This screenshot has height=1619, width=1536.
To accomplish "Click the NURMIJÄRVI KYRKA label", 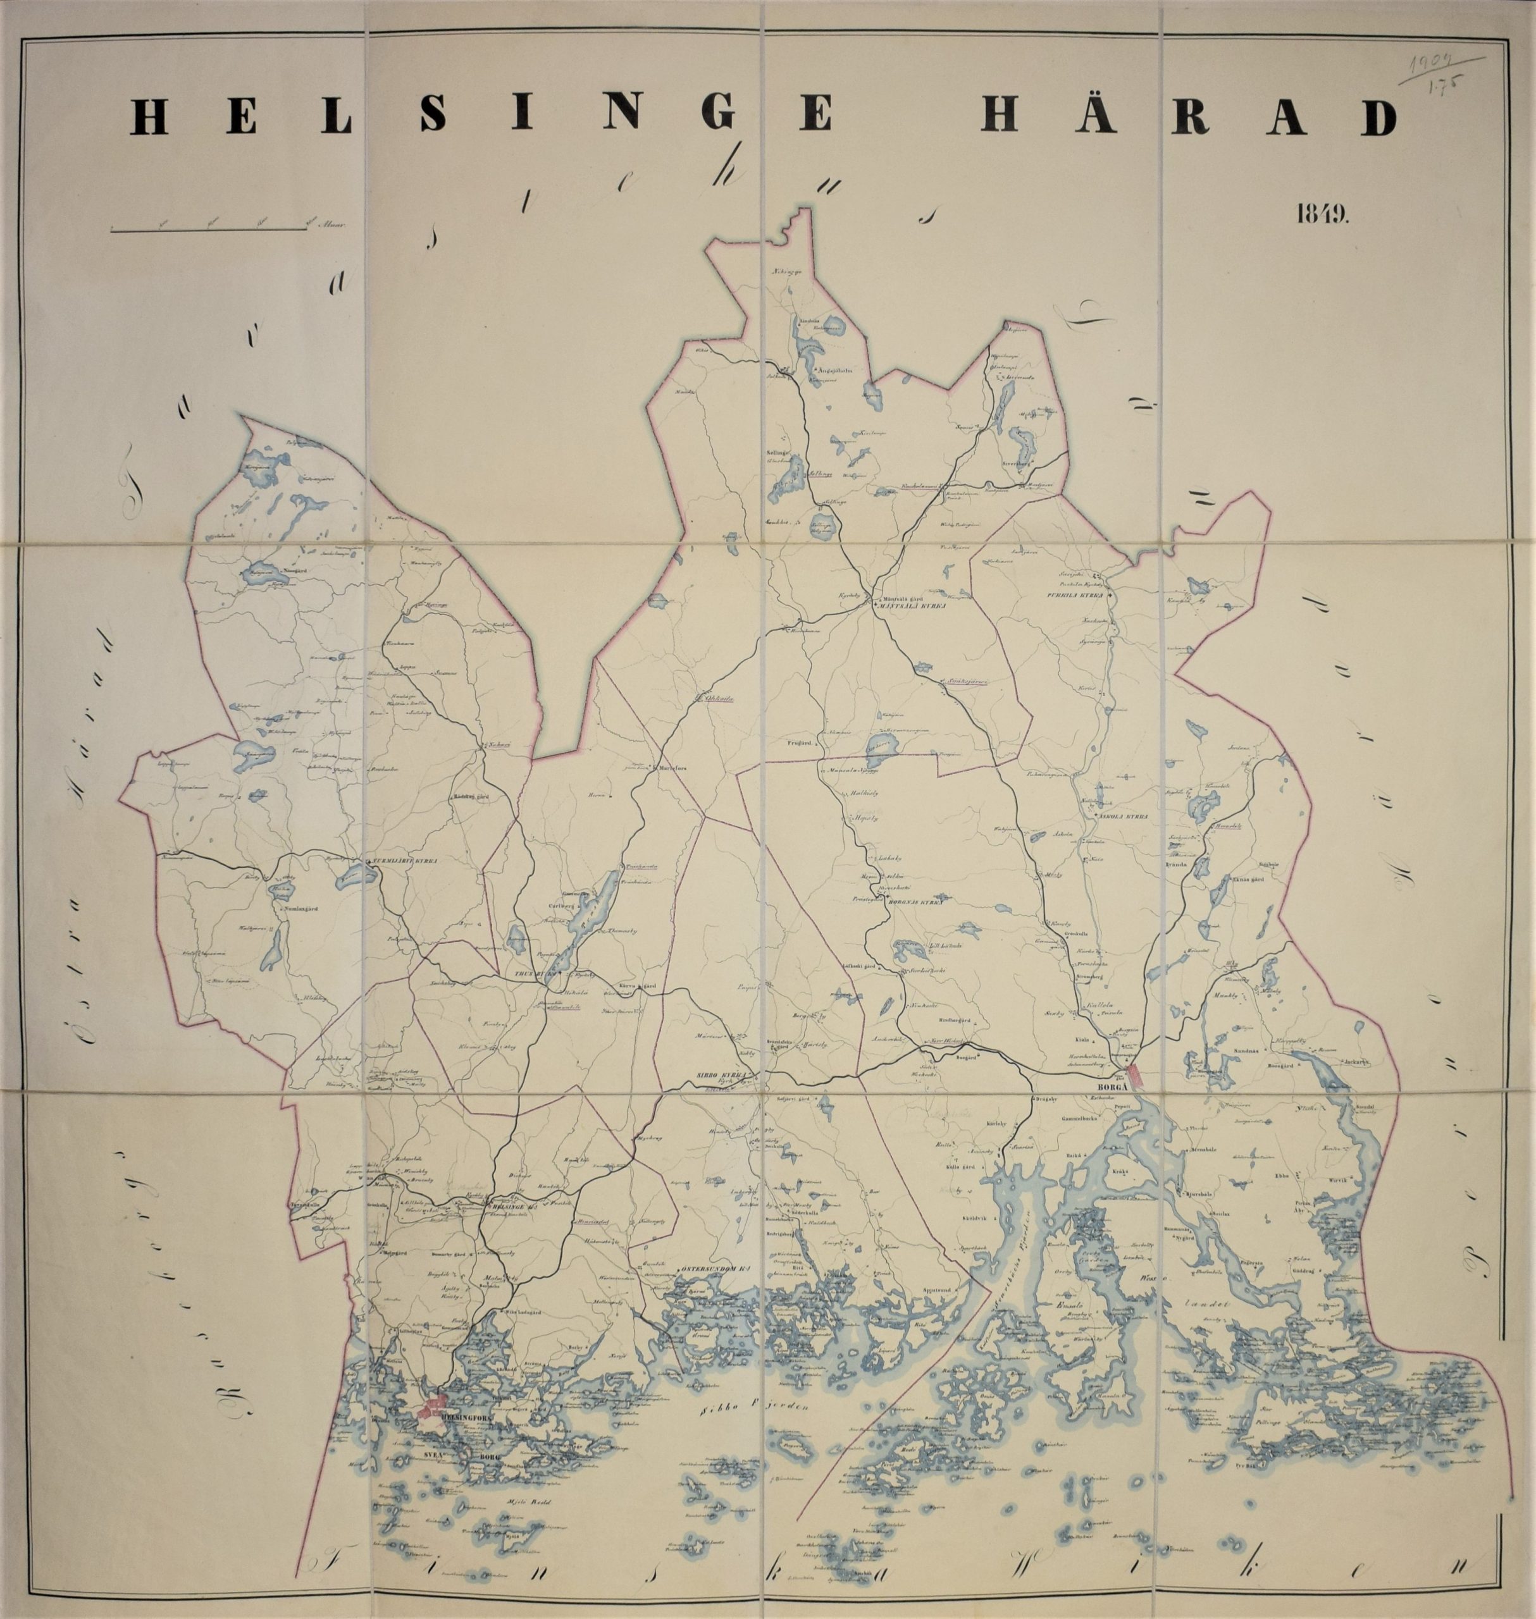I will (x=406, y=861).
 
